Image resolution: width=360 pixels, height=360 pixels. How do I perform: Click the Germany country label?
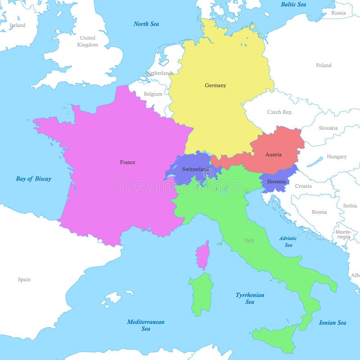215,85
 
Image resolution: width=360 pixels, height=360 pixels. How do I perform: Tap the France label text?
127,162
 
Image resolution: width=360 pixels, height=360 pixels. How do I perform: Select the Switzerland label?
195,169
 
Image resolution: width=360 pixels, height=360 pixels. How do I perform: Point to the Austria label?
273,155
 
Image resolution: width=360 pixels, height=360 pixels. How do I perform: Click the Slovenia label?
276,181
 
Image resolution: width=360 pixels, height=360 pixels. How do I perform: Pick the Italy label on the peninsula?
249,240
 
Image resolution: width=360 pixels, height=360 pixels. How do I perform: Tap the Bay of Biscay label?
34,179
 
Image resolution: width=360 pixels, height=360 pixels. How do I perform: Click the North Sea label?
146,24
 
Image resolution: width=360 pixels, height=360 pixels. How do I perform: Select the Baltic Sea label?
293,4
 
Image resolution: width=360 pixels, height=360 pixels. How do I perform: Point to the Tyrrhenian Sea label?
250,298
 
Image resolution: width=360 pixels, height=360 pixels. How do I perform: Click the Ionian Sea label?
333,323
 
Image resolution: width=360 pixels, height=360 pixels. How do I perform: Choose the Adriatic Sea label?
288,242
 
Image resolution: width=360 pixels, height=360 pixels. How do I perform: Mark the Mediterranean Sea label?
145,325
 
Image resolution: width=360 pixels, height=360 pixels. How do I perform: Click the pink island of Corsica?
203,255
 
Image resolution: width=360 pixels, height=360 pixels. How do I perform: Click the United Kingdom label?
87,41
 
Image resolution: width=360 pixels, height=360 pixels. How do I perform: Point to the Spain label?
24,279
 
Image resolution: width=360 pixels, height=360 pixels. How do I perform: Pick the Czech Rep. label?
280,112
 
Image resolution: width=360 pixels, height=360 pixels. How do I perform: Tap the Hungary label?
337,157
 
